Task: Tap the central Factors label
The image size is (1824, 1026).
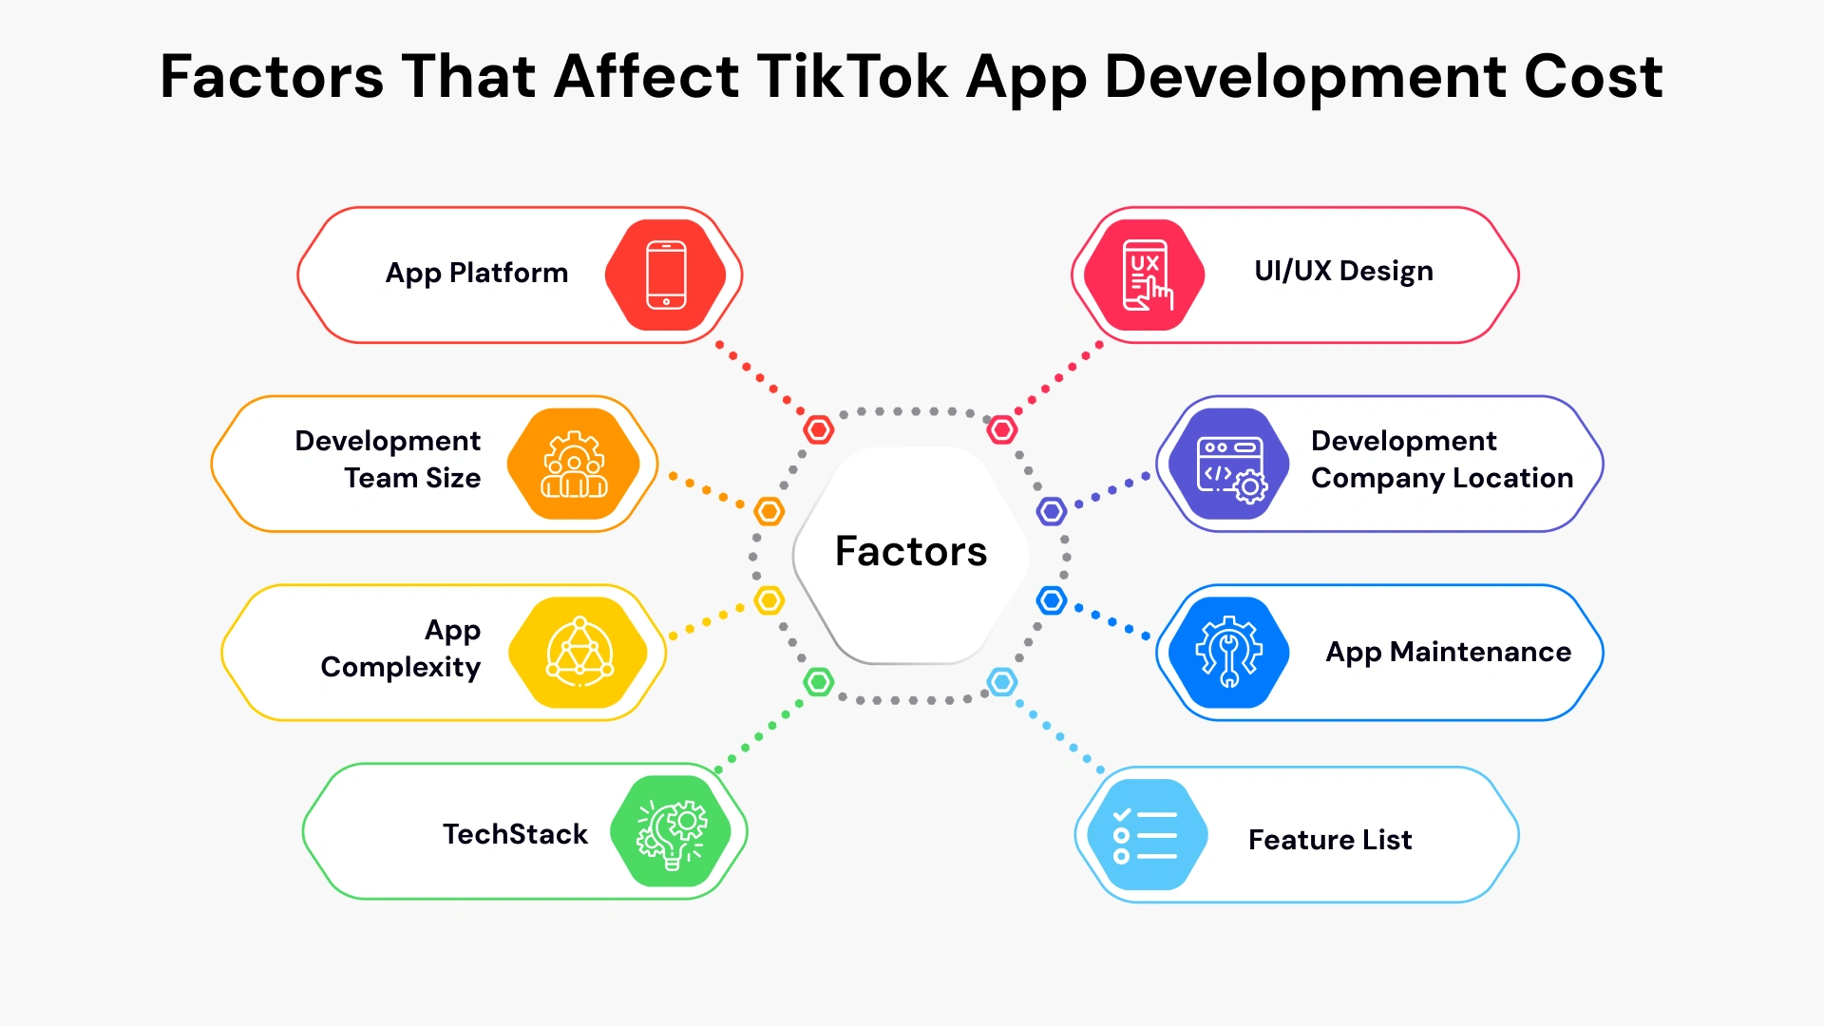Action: pos(911,551)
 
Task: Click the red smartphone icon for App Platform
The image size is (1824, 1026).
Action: pos(666,275)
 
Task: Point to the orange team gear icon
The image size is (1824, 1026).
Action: pos(574,464)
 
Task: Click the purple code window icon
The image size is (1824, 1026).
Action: pos(1230,464)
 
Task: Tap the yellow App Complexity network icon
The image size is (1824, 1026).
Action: pos(579,652)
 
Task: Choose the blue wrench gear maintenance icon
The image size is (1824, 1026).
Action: pos(1228,652)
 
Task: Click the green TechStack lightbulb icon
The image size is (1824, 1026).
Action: pos(672,831)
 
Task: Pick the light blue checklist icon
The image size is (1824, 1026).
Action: pos(1146,835)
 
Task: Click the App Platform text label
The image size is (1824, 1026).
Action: pos(477,274)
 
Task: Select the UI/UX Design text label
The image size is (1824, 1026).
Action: pos(1343,272)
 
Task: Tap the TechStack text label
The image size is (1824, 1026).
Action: pos(515,834)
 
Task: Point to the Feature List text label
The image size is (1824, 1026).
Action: pos(1330,840)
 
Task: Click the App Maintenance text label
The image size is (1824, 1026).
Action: pos(1448,652)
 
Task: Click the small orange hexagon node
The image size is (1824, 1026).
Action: pos(769,511)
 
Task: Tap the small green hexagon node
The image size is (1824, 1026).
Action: pos(818,681)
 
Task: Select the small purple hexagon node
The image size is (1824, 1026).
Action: pos(1052,511)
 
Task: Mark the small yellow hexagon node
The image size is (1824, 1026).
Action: pos(769,600)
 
